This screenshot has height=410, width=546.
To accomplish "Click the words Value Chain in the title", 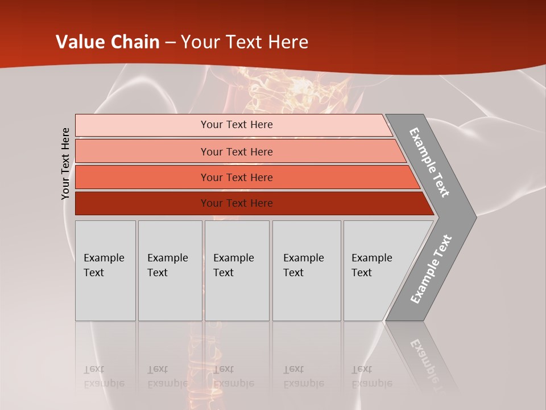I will [x=107, y=42].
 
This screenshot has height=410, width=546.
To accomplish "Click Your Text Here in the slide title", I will [x=245, y=42].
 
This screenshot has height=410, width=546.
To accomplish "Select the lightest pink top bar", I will [x=142, y=125].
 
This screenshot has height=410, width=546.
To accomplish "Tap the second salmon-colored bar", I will [x=142, y=151].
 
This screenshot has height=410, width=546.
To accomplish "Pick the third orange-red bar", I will [x=142, y=177].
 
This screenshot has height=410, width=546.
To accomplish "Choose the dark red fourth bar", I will [x=142, y=203].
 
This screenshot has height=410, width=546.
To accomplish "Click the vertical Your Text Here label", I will [x=65, y=163].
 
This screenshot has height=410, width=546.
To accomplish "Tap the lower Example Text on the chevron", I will [x=431, y=269].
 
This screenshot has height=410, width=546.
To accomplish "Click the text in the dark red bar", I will [x=237, y=203].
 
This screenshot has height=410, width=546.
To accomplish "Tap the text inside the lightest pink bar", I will [x=237, y=125].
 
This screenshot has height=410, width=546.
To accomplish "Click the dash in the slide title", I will [x=170, y=43].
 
